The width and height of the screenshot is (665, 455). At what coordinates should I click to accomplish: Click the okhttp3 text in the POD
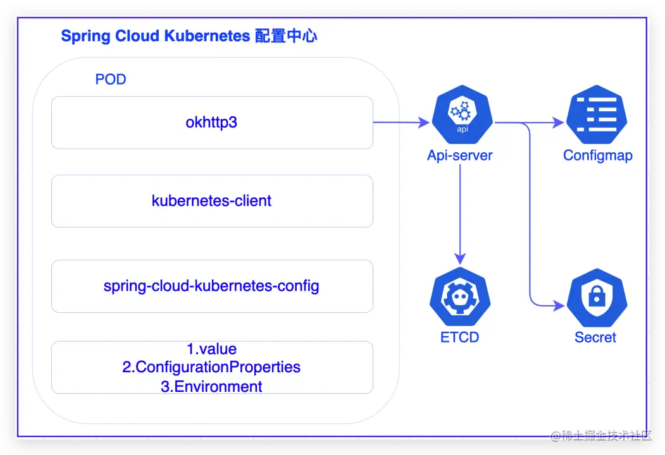(x=211, y=122)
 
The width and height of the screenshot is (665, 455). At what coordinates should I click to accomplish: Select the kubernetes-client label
(x=211, y=201)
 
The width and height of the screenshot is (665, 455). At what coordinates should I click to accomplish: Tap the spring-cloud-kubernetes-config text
(x=211, y=286)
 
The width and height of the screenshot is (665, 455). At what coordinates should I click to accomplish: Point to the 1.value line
(x=211, y=349)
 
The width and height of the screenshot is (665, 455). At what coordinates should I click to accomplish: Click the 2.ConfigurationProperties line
(x=211, y=367)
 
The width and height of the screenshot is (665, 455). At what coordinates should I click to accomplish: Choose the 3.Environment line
(x=211, y=386)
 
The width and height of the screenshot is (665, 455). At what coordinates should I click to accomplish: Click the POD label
(x=111, y=80)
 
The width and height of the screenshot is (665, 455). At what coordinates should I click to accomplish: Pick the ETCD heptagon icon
(x=460, y=297)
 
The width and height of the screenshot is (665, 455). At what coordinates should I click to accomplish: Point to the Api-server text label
(x=460, y=155)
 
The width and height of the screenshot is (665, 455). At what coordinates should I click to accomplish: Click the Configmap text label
(x=597, y=155)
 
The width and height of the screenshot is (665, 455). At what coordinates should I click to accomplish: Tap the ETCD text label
(x=460, y=337)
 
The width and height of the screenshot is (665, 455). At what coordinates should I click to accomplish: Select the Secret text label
(x=595, y=337)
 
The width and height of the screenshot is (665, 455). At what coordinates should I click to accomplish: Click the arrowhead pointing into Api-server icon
(x=424, y=123)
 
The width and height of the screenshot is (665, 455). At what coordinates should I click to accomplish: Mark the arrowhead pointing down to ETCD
(x=460, y=257)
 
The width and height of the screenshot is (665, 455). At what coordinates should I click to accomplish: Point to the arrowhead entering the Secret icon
(x=559, y=305)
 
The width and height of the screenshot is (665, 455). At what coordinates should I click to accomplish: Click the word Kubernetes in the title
(x=207, y=36)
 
